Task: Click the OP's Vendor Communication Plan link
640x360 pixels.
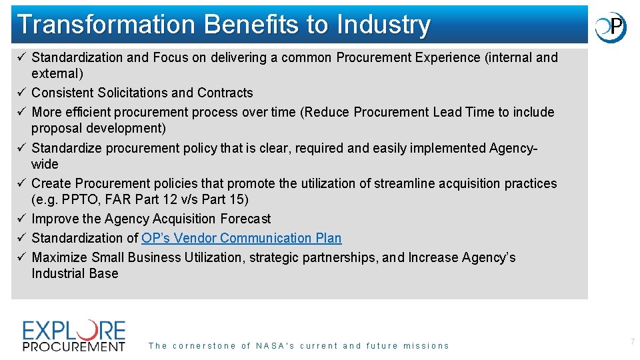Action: point(241,238)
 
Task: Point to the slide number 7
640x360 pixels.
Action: point(632,342)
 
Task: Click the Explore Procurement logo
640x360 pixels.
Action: point(74,335)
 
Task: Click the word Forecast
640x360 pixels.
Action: point(246,219)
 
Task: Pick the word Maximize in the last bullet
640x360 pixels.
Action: point(59,257)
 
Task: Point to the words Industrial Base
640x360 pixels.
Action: point(75,273)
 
